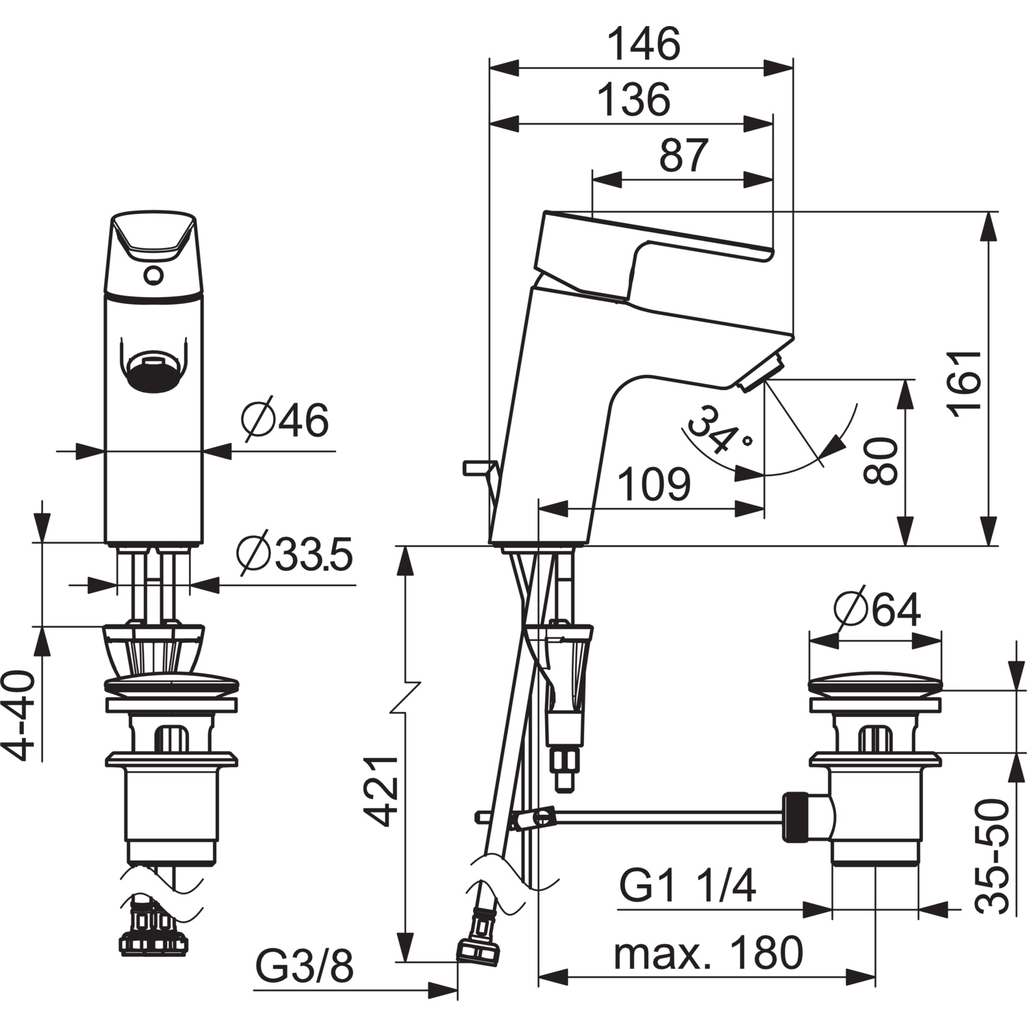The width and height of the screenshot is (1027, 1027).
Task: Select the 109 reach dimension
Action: coord(654,484)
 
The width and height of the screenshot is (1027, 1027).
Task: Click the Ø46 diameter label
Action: coord(285,419)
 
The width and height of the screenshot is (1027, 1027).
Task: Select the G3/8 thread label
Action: coord(304,967)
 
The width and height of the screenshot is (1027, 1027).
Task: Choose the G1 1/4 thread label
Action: coord(687,886)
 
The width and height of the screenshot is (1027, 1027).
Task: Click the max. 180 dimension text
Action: coord(708,952)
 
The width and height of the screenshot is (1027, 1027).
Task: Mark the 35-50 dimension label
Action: coord(993,856)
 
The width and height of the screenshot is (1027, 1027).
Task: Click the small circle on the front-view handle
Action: coord(153,275)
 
